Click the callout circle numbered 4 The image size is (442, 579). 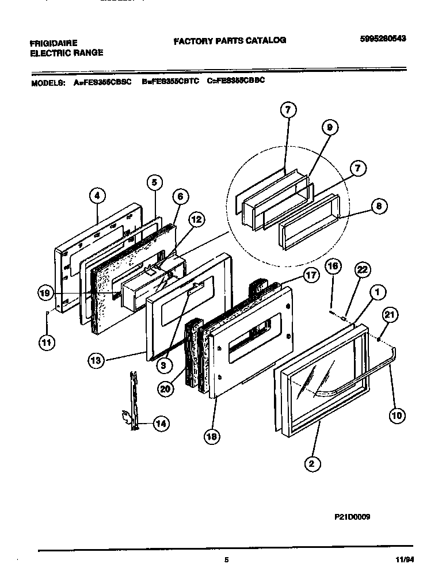[x=97, y=196]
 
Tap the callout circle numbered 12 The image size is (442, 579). [x=196, y=219]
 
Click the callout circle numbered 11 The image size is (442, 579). [x=45, y=342]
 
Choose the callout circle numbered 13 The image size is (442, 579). [x=97, y=361]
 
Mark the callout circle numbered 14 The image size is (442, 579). [x=162, y=424]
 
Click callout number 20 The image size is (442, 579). [x=165, y=388]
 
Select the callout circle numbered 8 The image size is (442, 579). [x=379, y=207]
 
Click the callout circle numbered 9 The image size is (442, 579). [x=329, y=128]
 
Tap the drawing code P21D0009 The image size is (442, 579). [x=352, y=517]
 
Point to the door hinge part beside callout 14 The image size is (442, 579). [x=134, y=400]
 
